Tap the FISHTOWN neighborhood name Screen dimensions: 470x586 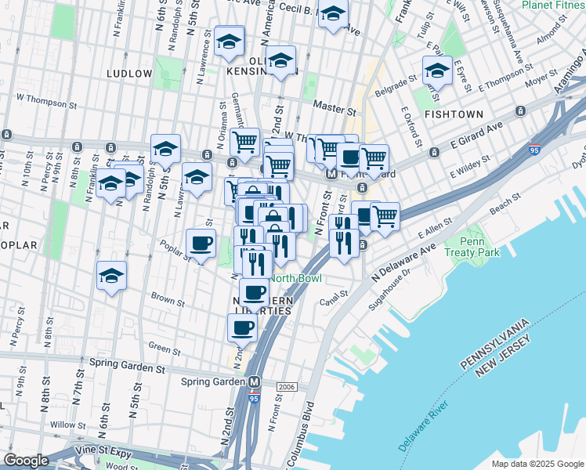tap(454, 114)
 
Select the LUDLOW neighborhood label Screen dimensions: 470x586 tap(129, 74)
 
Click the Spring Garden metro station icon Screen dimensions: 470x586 tap(254, 382)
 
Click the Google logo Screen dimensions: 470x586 tap(26, 461)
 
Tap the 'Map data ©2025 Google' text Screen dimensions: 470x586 tap(537, 464)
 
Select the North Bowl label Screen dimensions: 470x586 tap(297, 279)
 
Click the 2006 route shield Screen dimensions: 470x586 tap(286, 387)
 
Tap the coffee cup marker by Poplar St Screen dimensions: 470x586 tap(201, 244)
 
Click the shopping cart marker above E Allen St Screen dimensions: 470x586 tap(385, 215)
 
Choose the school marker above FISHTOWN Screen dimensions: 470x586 tap(437, 71)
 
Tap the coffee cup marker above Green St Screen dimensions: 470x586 tap(243, 327)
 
